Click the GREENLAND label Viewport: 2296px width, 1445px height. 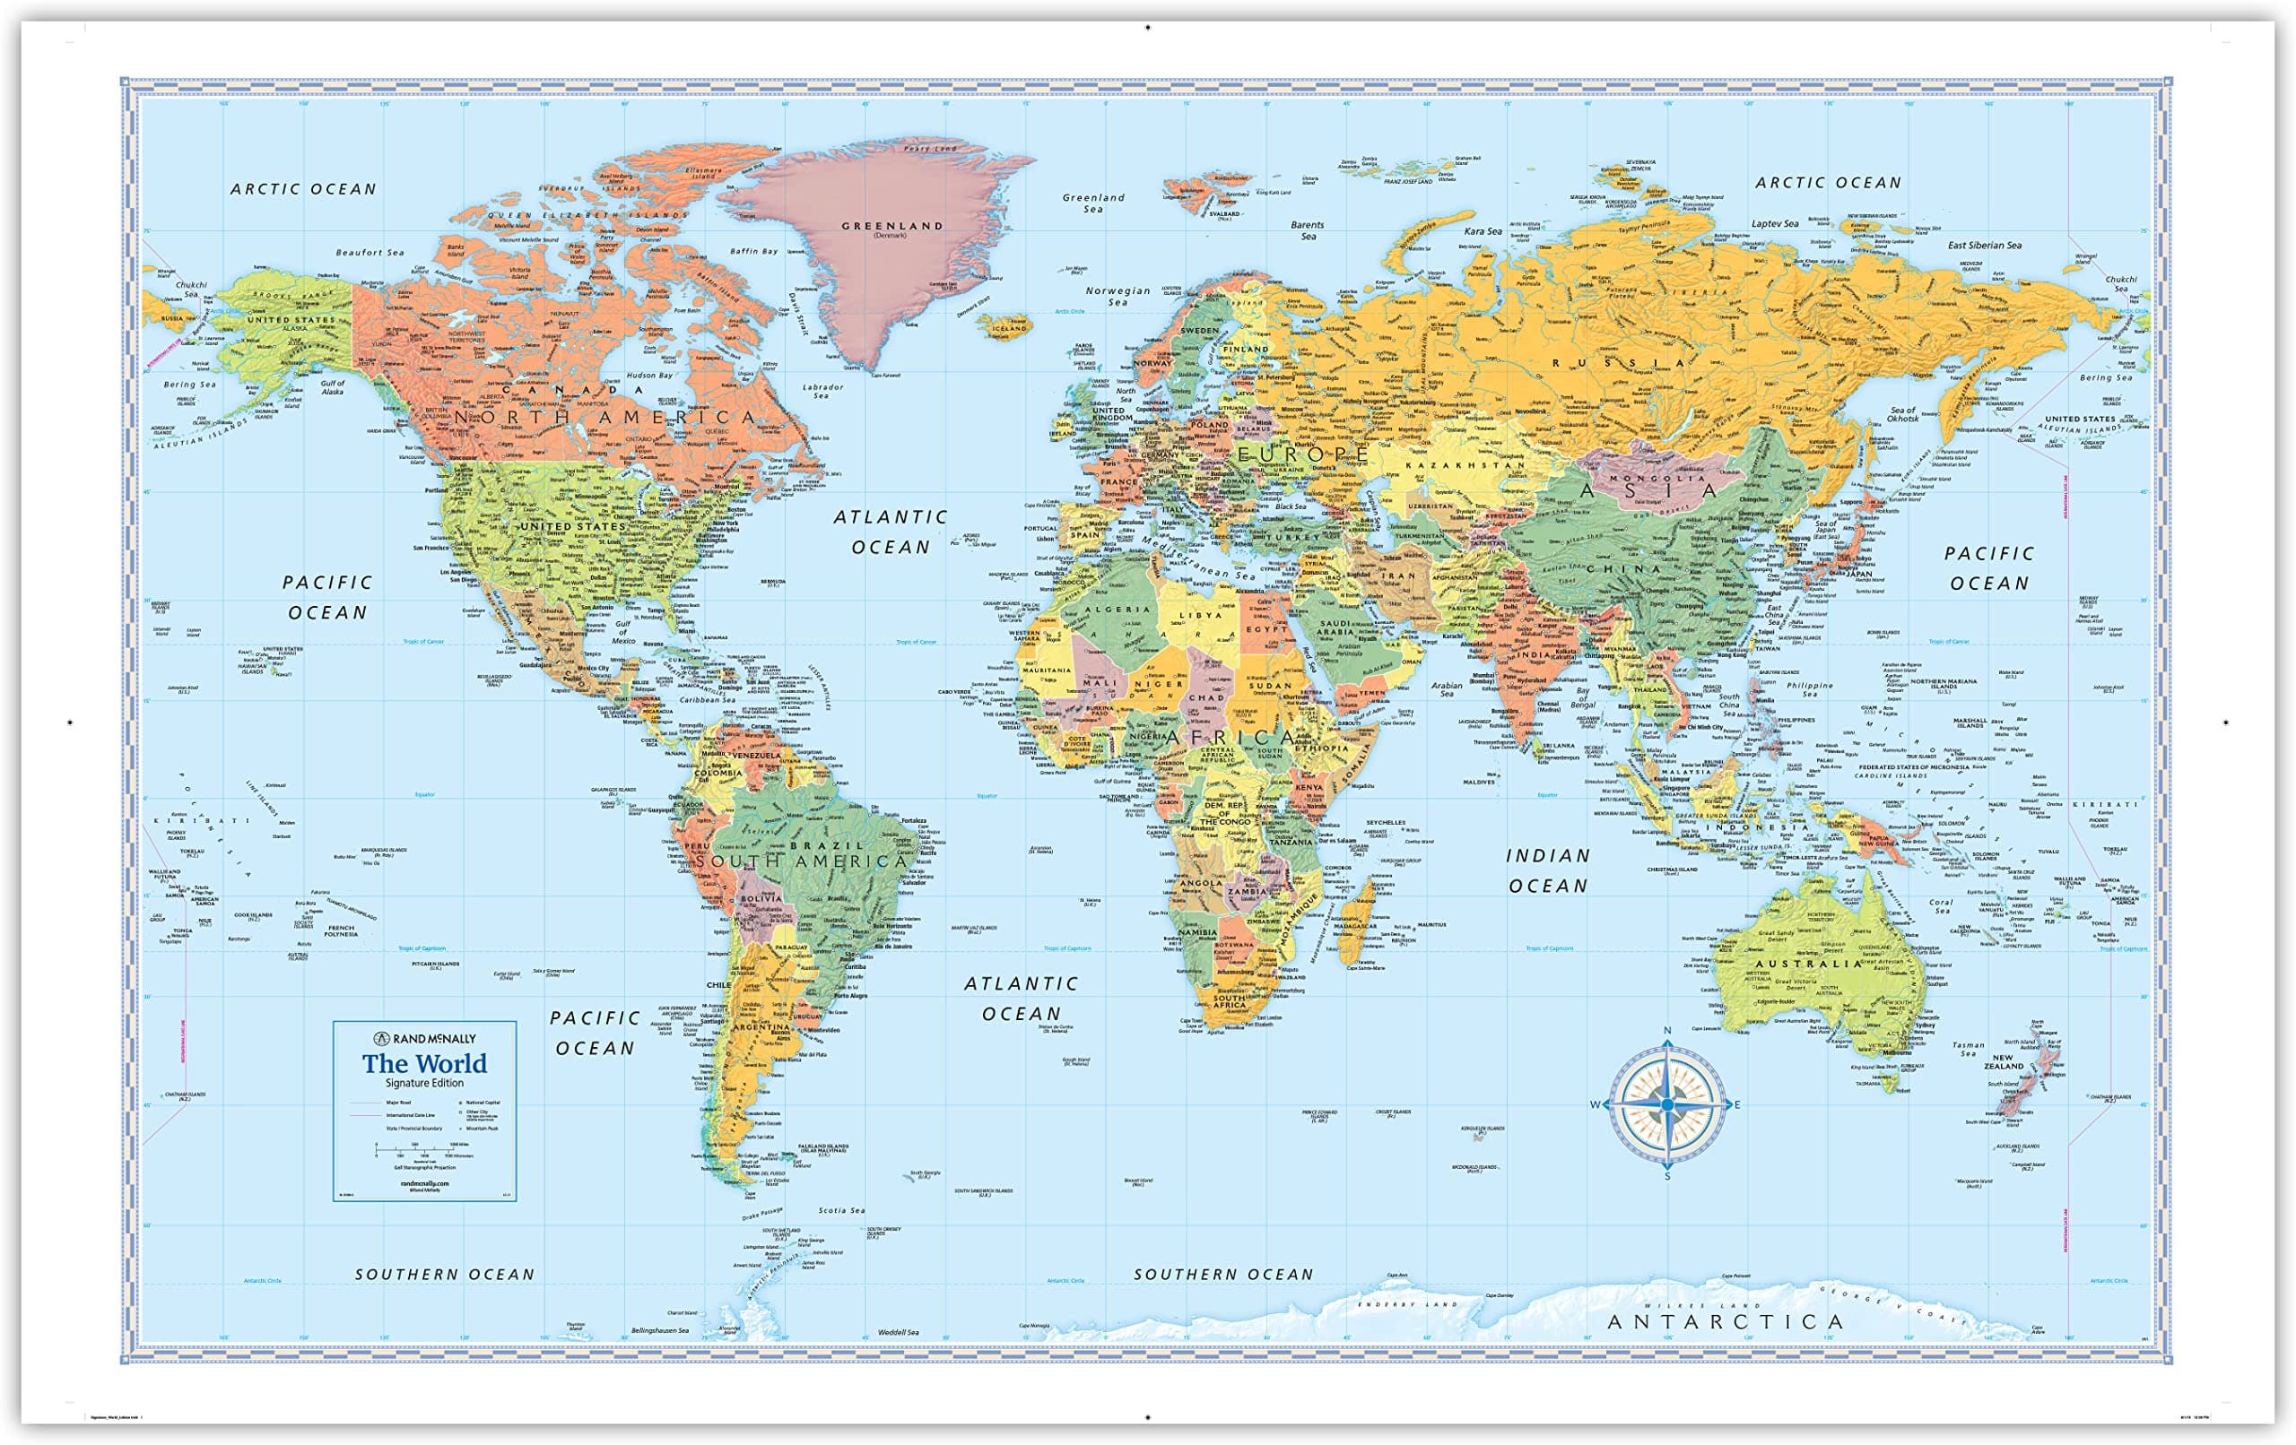point(891,226)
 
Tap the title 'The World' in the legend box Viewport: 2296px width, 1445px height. point(424,1064)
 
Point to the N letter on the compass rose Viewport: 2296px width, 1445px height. point(1667,1030)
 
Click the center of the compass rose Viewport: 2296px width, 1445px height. point(1666,1104)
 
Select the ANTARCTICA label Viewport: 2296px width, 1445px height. point(1725,1322)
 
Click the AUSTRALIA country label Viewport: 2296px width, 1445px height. point(1809,964)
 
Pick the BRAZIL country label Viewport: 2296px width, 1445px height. point(826,845)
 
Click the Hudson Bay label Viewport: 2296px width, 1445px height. point(649,376)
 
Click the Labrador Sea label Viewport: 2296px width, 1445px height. point(822,391)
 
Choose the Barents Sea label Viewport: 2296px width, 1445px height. point(1308,230)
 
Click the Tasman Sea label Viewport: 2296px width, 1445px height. point(1968,1049)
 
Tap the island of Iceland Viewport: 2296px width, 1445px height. point(1007,327)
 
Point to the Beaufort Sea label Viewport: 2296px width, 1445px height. point(370,253)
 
